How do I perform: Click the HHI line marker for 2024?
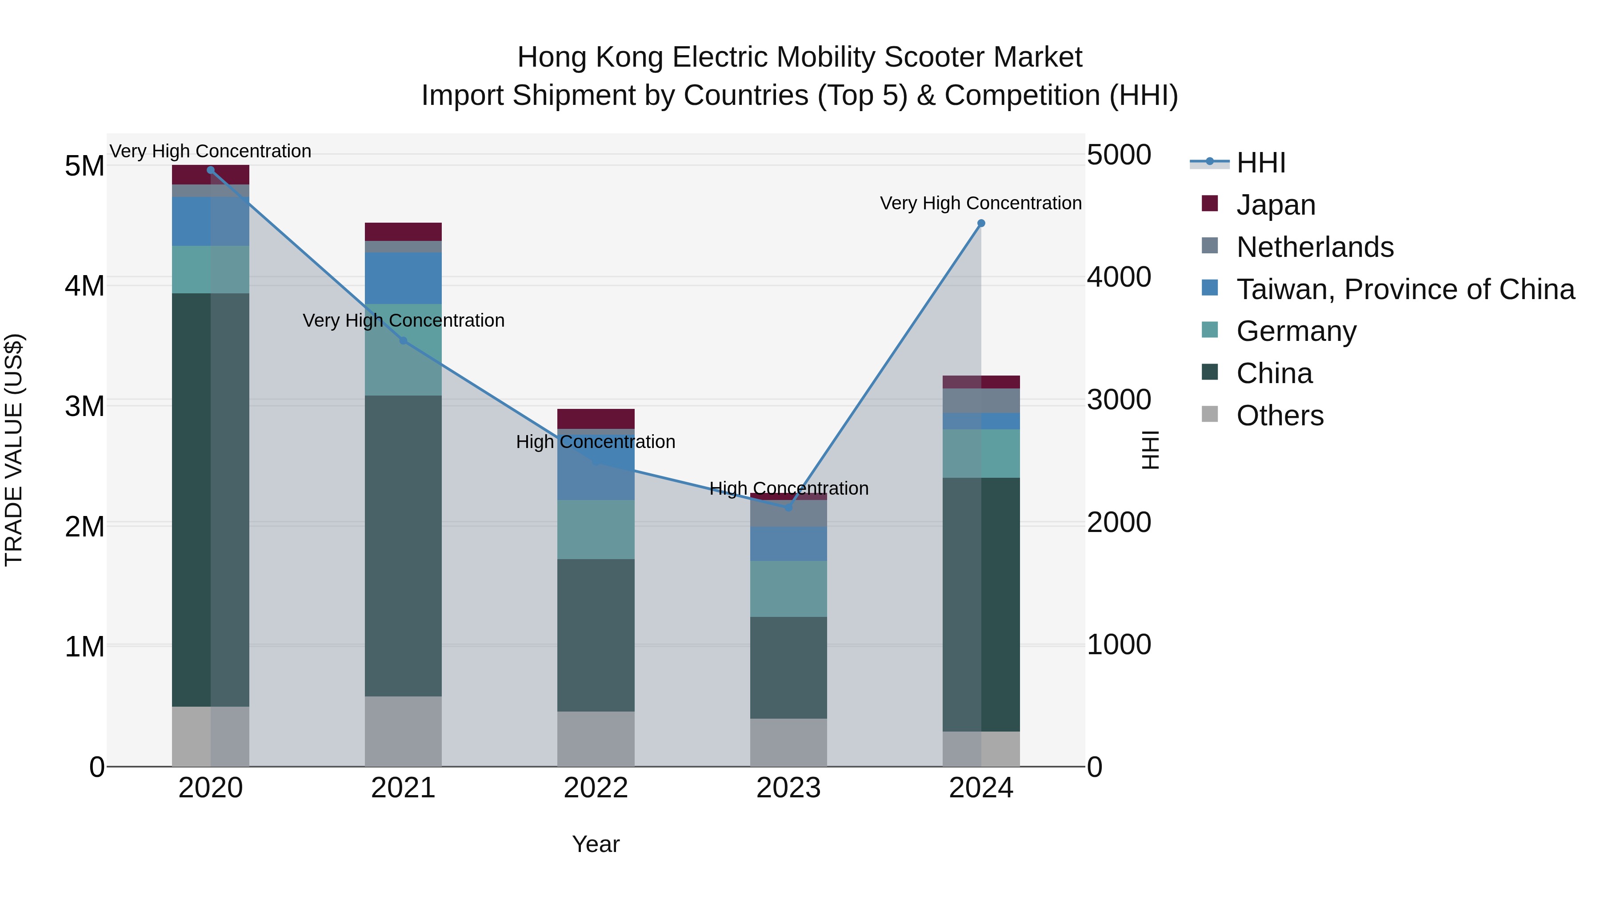pos(981,224)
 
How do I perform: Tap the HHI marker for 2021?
pos(403,341)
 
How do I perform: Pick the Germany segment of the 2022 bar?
pos(596,529)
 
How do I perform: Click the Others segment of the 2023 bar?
pos(789,742)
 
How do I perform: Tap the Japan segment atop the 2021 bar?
pos(403,232)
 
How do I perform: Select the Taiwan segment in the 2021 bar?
pos(403,278)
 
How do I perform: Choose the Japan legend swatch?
pos(1210,204)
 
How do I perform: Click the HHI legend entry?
pos(1261,163)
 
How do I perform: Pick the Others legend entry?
pos(1280,416)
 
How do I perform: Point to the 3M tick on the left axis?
pos(84,406)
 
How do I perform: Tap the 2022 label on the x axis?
pos(596,788)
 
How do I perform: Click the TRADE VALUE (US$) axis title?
pos(14,450)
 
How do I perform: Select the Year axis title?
pos(596,844)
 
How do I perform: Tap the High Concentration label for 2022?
pos(595,442)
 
